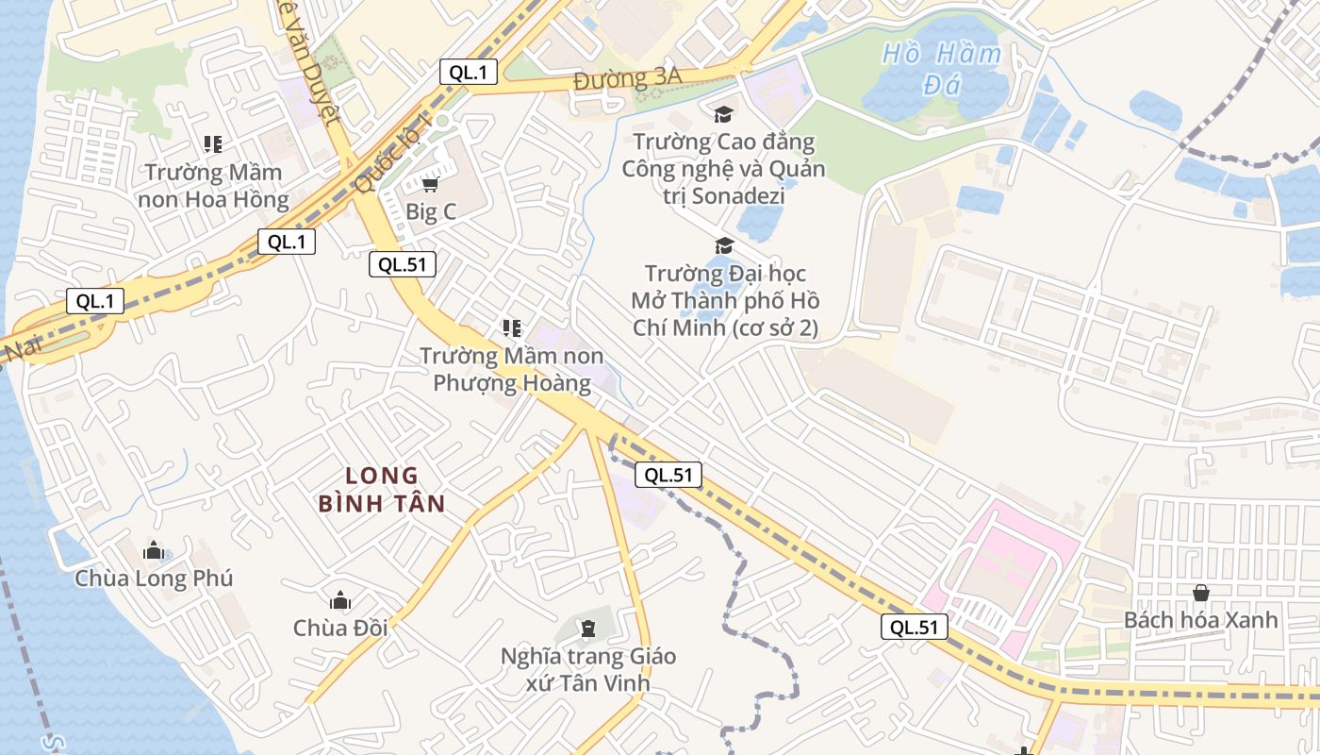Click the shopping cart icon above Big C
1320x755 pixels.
pyautogui.click(x=431, y=184)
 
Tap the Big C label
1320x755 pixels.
pyautogui.click(x=431, y=211)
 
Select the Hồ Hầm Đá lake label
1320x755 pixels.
pyautogui.click(x=942, y=69)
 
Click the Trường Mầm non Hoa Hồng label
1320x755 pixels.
pyautogui.click(x=213, y=186)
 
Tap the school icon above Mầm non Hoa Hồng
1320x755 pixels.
pyautogui.click(x=213, y=144)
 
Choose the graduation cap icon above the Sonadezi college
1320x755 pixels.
pyautogui.click(x=723, y=114)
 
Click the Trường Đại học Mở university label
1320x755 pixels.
pyautogui.click(x=724, y=301)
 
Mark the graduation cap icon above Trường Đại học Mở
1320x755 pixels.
pyautogui.click(x=724, y=246)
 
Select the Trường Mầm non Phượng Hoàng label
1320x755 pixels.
pyautogui.click(x=512, y=369)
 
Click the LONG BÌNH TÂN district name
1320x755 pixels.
pyautogui.click(x=381, y=489)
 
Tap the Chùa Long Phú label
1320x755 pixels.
pyautogui.click(x=154, y=578)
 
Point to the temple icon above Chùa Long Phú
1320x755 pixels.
pyautogui.click(x=154, y=550)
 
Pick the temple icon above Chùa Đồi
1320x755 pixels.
pyautogui.click(x=340, y=600)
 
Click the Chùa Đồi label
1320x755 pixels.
pyautogui.click(x=340, y=628)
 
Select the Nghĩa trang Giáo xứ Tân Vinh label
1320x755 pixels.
pyautogui.click(x=588, y=669)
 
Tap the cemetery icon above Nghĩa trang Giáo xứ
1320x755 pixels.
pyautogui.click(x=588, y=628)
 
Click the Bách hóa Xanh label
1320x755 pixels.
pyautogui.click(x=1201, y=620)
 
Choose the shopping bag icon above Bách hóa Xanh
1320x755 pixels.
pyautogui.click(x=1201, y=593)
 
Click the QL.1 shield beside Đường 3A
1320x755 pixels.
pyautogui.click(x=469, y=72)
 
